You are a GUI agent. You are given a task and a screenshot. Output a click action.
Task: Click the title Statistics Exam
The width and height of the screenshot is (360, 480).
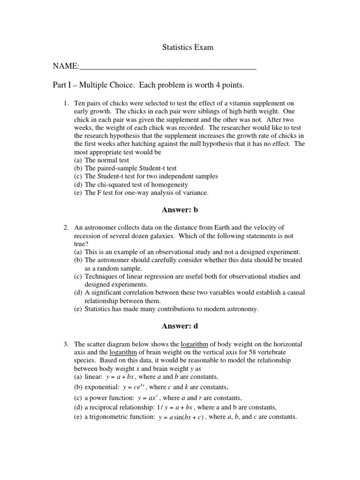click(187, 47)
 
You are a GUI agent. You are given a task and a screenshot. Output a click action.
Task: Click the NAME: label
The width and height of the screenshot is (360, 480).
click(66, 67)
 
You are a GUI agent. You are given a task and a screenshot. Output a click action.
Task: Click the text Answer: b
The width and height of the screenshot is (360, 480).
click(180, 210)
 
